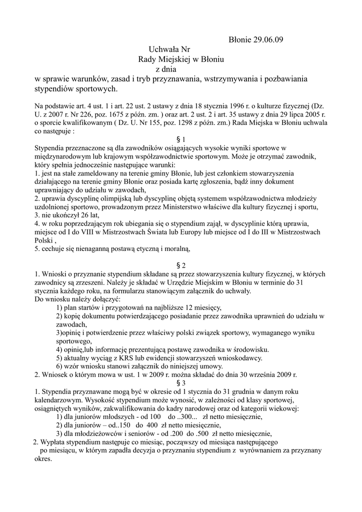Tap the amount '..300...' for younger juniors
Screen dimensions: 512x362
(187, 416)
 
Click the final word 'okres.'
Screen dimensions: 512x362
(43, 458)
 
